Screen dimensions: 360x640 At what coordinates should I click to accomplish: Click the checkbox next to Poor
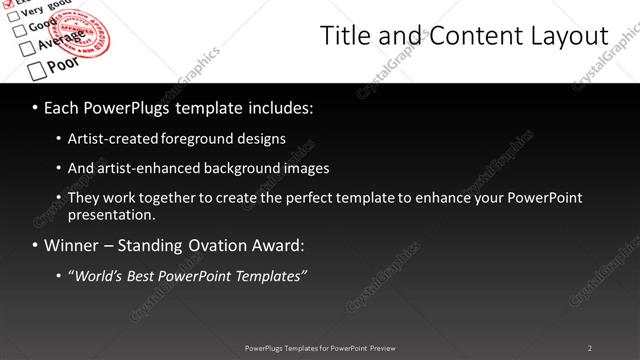pyautogui.click(x=37, y=69)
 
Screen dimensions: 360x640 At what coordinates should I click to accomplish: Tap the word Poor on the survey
pyautogui.click(x=64, y=64)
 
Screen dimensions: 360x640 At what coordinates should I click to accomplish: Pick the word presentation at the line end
pyautogui.click(x=110, y=214)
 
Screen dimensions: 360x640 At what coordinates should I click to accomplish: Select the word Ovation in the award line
pyautogui.click(x=214, y=245)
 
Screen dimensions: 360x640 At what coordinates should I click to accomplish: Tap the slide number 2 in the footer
pyautogui.click(x=590, y=347)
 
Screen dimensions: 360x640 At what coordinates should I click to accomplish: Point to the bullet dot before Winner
pyautogui.click(x=36, y=246)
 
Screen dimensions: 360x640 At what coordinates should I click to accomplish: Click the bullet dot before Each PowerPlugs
pyautogui.click(x=36, y=106)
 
